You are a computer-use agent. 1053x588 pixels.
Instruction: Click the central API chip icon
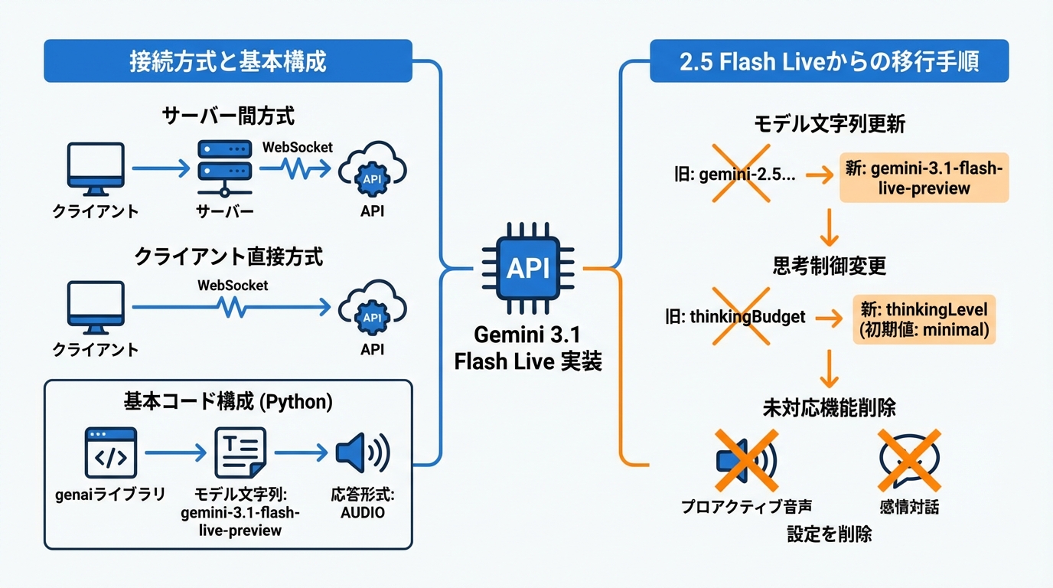click(527, 268)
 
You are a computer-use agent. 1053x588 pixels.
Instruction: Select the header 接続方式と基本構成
click(228, 61)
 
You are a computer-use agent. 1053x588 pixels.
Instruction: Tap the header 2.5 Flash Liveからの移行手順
click(829, 61)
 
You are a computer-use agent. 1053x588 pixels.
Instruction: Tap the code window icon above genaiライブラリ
click(110, 453)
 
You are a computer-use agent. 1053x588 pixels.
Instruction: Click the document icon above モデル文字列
click(240, 453)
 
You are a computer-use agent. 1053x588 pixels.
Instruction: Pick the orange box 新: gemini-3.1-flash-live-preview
click(924, 178)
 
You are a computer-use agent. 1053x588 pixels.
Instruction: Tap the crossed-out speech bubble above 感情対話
click(908, 459)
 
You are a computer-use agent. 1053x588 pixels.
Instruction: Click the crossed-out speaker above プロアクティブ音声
click(745, 459)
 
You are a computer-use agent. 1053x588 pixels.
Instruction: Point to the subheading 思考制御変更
click(829, 266)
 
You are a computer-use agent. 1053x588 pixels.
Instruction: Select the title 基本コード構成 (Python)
click(228, 401)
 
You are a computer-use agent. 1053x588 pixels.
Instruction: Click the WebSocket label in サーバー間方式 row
click(297, 147)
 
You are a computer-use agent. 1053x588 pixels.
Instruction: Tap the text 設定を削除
click(829, 534)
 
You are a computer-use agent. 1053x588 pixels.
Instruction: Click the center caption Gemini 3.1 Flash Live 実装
click(528, 348)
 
